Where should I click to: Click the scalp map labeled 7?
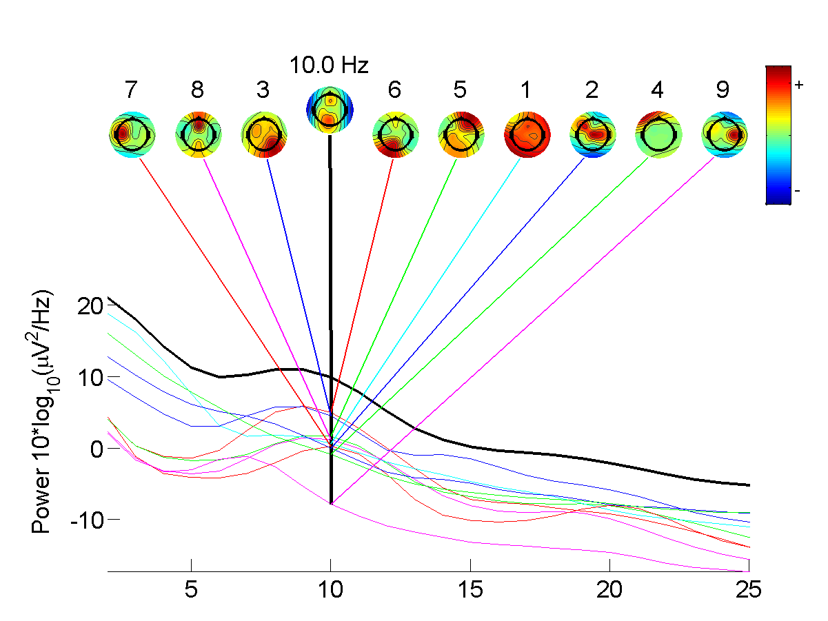[x=132, y=134]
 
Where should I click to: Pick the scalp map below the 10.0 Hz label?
[x=330, y=110]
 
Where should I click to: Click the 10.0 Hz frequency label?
[x=330, y=66]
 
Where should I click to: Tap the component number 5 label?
[x=461, y=90]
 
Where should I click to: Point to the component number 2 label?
[x=592, y=90]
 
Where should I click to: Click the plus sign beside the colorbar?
[x=800, y=85]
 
